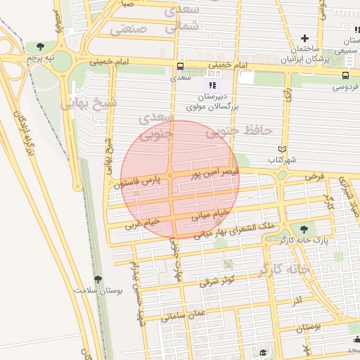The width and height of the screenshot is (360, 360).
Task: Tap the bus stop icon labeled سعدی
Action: (181, 67)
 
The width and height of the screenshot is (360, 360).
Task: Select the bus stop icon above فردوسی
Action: (345, 76)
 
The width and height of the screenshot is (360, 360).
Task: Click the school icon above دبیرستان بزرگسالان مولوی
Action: (213, 85)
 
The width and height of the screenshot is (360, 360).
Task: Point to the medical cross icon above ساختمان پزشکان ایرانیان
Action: (304, 38)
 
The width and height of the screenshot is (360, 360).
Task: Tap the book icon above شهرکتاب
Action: (282, 150)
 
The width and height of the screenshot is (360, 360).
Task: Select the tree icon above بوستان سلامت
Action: (98, 279)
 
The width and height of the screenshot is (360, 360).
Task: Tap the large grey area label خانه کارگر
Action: (284, 269)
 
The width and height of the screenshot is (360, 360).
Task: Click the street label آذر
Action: (297, 301)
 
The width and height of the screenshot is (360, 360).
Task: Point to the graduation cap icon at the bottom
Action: (263, 352)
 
